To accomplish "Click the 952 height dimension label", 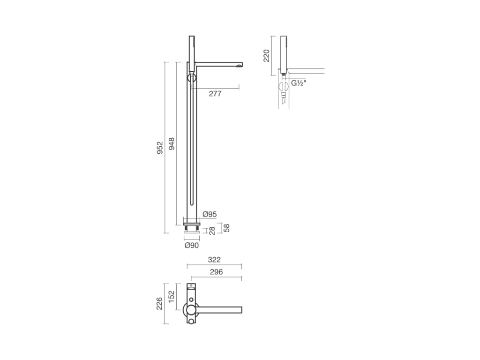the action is [160, 148].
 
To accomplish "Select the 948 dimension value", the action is [172, 143].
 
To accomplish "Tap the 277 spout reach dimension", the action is [215, 94].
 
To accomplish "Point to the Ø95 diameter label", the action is [210, 214].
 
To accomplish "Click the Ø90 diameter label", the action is [192, 245].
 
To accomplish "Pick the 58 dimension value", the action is [226, 228].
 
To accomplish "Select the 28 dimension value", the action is [212, 231].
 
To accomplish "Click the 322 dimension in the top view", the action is [214, 260].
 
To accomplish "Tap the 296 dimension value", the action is [217, 272].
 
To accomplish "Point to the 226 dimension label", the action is [159, 303].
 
